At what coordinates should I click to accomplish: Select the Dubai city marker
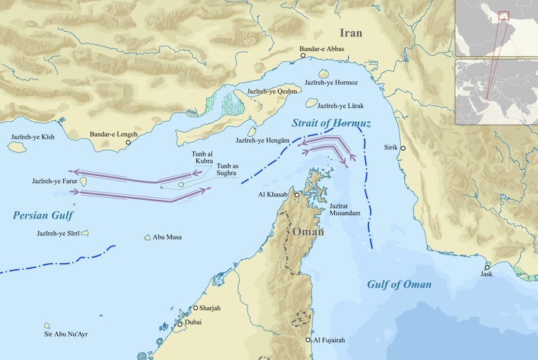pos(180,324)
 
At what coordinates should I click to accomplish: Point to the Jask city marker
pos(487,266)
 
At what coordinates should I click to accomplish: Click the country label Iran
pos(350,33)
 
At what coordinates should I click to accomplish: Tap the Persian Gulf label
pos(42,215)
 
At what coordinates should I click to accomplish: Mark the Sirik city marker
pos(403,148)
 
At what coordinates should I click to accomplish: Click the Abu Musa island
pos(147,237)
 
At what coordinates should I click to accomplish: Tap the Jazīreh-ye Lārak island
pos(311,104)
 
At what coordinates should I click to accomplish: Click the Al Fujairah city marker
pos(309,340)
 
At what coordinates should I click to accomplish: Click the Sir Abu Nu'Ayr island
pos(48,326)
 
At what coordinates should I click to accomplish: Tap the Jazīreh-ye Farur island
pos(84,182)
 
